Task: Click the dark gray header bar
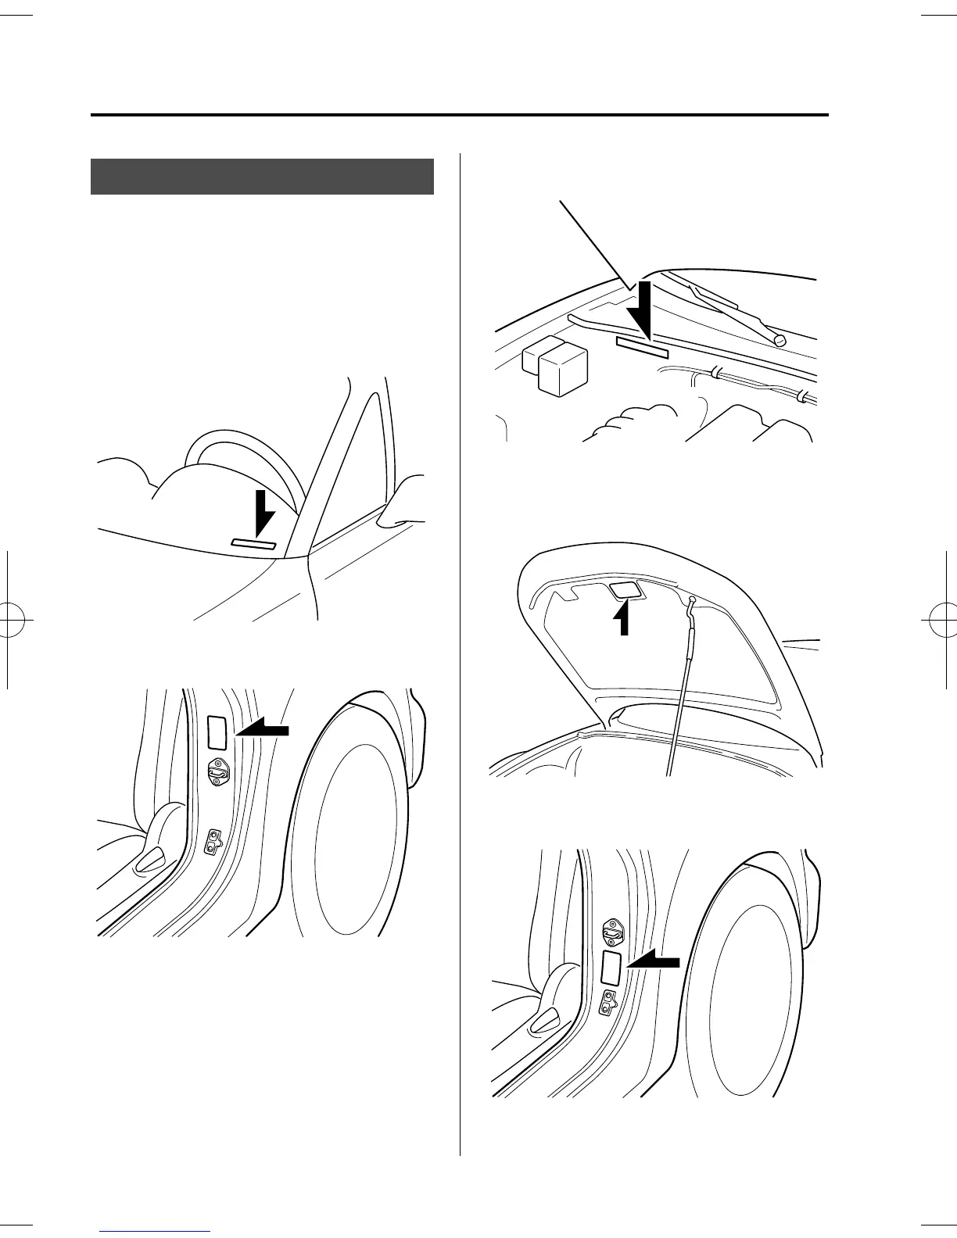pyautogui.click(x=262, y=177)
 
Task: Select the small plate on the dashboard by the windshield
pyautogui.click(x=253, y=544)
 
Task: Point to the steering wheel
pyautogui.click(x=242, y=461)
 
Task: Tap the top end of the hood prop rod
pyautogui.click(x=692, y=600)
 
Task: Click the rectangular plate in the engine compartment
pyautogui.click(x=642, y=348)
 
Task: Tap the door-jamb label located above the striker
pyautogui.click(x=216, y=732)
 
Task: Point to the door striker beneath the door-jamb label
pyautogui.click(x=217, y=773)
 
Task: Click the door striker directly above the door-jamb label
pyautogui.click(x=611, y=931)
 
